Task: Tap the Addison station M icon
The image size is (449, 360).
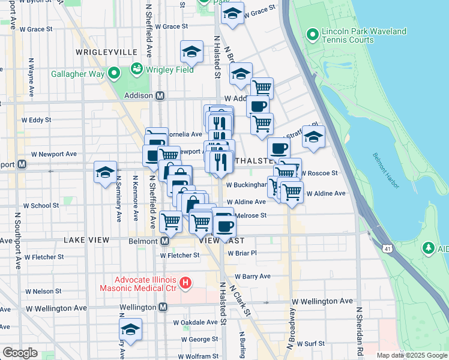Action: (160, 95)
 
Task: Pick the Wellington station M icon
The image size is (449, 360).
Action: (163, 307)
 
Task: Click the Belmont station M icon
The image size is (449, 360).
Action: (164, 241)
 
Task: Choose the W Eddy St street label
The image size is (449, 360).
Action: (37, 120)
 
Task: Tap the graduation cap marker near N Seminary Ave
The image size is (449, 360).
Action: (105, 172)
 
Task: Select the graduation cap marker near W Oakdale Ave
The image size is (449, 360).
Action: (130, 329)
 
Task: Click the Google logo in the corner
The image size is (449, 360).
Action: (20, 352)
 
